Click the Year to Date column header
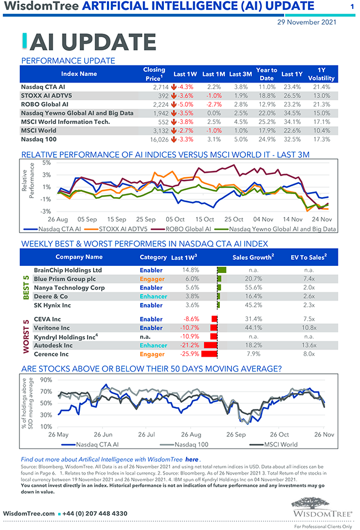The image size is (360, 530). (266, 74)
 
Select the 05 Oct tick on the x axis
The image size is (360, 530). (175, 219)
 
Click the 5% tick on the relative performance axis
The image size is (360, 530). (46, 163)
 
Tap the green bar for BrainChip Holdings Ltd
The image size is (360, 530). (222, 270)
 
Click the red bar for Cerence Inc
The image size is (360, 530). (210, 354)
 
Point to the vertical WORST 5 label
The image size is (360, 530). (25, 337)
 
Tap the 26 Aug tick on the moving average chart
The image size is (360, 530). (191, 435)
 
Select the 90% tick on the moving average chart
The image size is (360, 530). (46, 380)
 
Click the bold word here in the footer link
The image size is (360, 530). (192, 460)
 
